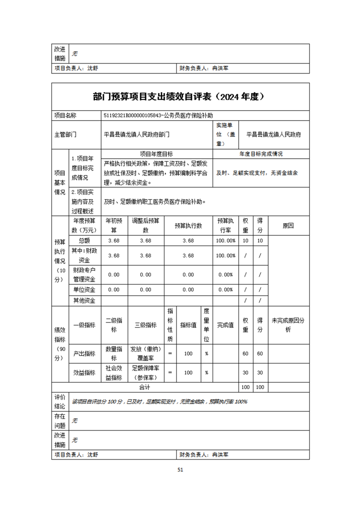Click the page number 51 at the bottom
pyautogui.click(x=180, y=470)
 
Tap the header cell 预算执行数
pyautogui.click(x=188, y=225)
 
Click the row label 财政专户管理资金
pyautogui.click(x=84, y=274)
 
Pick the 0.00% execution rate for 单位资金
pyautogui.click(x=226, y=289)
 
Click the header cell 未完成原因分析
pyautogui.click(x=288, y=325)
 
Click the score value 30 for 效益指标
pyautogui.click(x=260, y=372)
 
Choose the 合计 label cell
pyautogui.click(x=145, y=387)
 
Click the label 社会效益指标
pyautogui.click(x=114, y=372)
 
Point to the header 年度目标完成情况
pyautogui.click(x=261, y=154)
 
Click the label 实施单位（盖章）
pyautogui.click(x=226, y=134)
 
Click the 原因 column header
pyautogui.click(x=288, y=225)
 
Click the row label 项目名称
pyautogui.click(x=65, y=116)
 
